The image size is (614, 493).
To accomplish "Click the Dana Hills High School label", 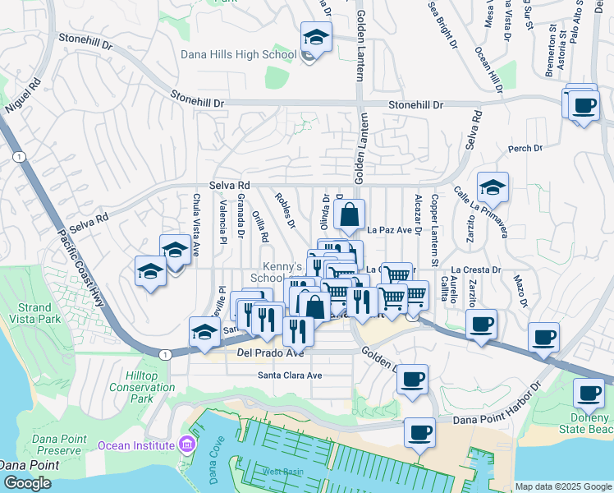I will pos(238,55).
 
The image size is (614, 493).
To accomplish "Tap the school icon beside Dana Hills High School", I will pos(315,38).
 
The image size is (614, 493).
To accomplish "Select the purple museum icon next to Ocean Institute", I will pos(186,445).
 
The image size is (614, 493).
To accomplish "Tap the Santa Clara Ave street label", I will pos(290,376).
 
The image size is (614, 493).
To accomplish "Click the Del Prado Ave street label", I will pos(270,353).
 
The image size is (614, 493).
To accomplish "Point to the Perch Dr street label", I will pos(525,149).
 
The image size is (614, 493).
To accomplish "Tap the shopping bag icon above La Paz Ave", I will pos(349,215).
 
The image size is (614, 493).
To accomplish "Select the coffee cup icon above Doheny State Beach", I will pos(588,393).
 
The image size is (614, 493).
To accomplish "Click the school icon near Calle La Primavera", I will pos(493,188).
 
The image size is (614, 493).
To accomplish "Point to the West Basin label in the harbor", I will pos(282,472).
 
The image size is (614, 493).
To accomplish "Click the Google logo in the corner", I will pos(27,483).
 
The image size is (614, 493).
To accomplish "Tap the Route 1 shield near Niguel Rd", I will pos(18,157).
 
